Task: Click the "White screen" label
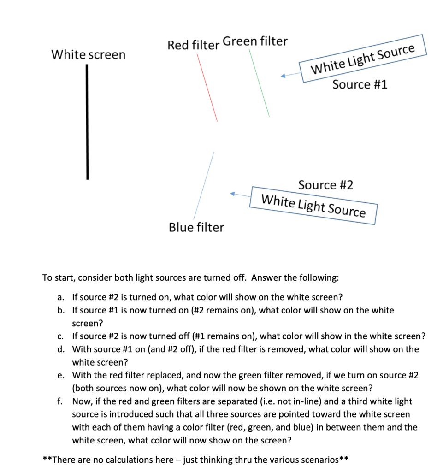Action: [x=88, y=55]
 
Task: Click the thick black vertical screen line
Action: [x=87, y=122]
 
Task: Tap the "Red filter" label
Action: [x=193, y=45]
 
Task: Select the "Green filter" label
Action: [x=255, y=41]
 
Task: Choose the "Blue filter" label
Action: [x=196, y=227]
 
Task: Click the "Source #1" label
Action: [x=360, y=84]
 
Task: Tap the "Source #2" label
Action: [x=326, y=185]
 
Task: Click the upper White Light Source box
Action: [x=363, y=59]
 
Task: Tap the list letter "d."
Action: [x=62, y=349]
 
